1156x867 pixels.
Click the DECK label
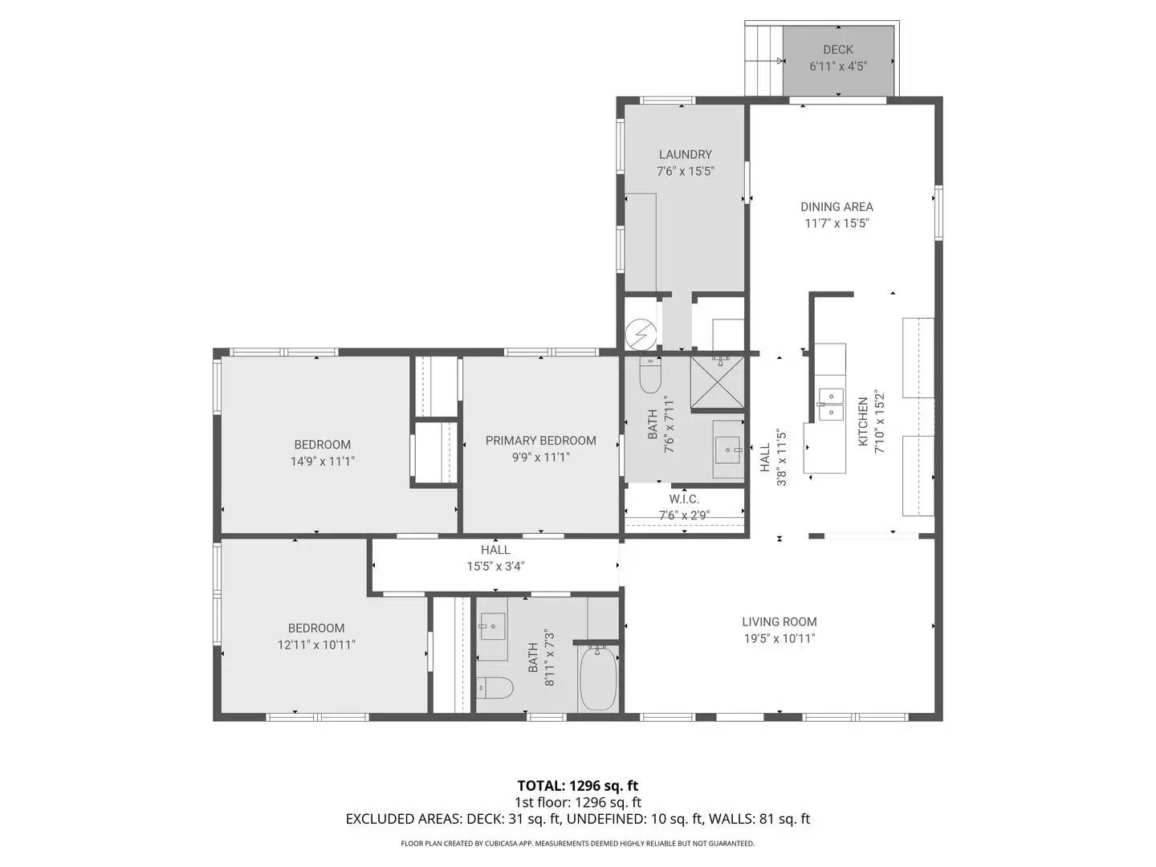(837, 50)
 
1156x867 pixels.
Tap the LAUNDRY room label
(685, 154)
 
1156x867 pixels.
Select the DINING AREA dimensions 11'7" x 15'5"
(836, 224)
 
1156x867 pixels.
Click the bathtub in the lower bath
(597, 679)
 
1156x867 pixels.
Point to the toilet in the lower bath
(495, 688)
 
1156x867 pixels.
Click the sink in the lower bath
(492, 624)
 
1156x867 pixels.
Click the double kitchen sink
(831, 404)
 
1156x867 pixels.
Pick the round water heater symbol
(641, 333)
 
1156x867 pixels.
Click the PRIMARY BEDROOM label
(540, 441)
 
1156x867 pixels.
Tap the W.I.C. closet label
(684, 499)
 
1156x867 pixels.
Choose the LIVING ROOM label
(779, 621)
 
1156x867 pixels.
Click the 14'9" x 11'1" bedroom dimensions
(322, 462)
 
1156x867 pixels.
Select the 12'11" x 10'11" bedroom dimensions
(316, 645)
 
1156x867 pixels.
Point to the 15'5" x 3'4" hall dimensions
(495, 566)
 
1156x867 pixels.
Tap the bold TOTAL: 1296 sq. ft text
(577, 786)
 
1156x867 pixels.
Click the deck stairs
(763, 60)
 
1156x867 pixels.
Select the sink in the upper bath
(729, 449)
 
